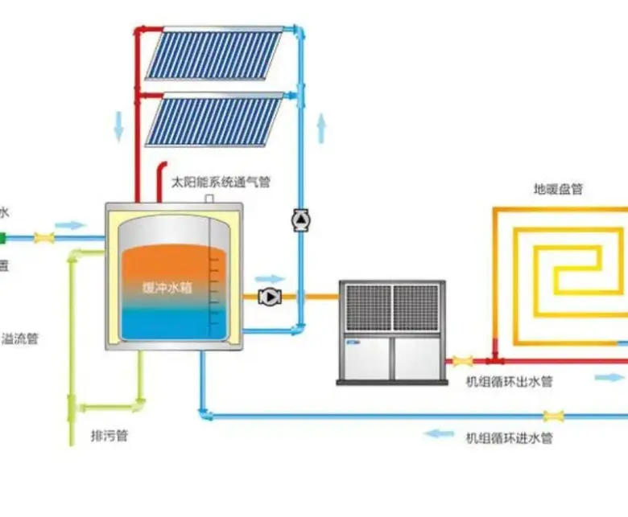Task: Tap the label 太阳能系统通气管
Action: click(x=221, y=182)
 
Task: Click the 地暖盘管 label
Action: click(x=558, y=190)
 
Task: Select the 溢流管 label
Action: click(x=21, y=339)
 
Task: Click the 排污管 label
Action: click(x=109, y=437)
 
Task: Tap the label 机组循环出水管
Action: click(x=510, y=382)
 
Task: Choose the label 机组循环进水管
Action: click(x=510, y=438)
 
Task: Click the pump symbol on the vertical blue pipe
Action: click(x=300, y=219)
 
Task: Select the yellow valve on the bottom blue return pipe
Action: click(x=553, y=416)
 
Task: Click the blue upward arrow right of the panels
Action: click(x=321, y=127)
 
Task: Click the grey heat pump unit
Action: click(x=391, y=330)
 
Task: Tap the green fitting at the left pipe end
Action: click(x=3, y=238)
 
